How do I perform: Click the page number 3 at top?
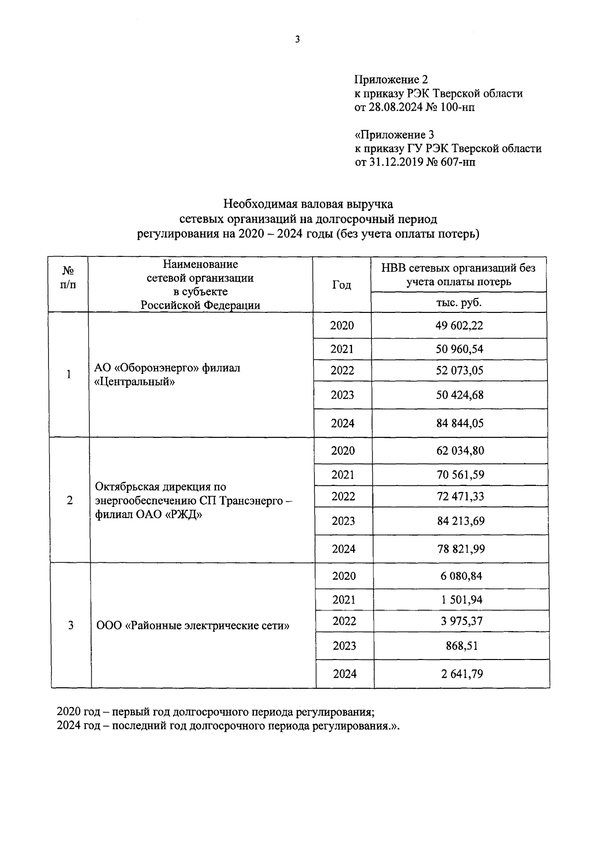tap(297, 40)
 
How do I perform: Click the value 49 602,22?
tap(459, 325)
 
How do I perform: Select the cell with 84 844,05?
tap(459, 423)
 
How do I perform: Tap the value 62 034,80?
tap(460, 451)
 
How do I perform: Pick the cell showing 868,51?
tap(461, 646)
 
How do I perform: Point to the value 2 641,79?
tap(462, 674)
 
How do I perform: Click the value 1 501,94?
tap(462, 600)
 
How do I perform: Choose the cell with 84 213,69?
tap(461, 521)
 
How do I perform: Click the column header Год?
tap(342, 285)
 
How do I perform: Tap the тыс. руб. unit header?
tap(459, 302)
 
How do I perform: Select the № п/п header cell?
tap(68, 278)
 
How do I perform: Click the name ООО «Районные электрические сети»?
tap(193, 626)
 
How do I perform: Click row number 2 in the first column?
tap(69, 500)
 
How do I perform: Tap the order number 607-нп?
tap(457, 162)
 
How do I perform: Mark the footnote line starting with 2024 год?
tap(228, 726)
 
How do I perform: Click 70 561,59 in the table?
tap(460, 475)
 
